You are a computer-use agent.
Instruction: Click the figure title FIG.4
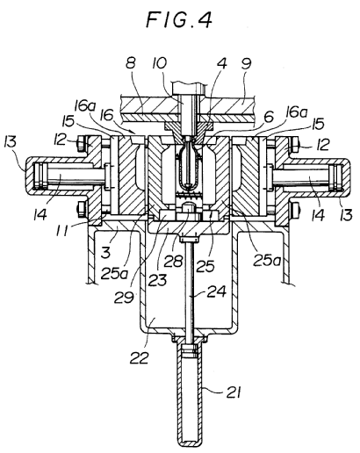(x=179, y=20)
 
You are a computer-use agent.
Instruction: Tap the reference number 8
(x=131, y=63)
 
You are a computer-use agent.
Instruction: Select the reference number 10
(x=159, y=63)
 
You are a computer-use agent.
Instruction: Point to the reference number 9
(x=246, y=64)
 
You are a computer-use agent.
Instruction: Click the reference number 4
(x=221, y=63)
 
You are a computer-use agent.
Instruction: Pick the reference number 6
(x=269, y=117)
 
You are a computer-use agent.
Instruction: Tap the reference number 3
(x=105, y=252)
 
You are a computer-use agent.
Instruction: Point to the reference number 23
(x=158, y=279)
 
